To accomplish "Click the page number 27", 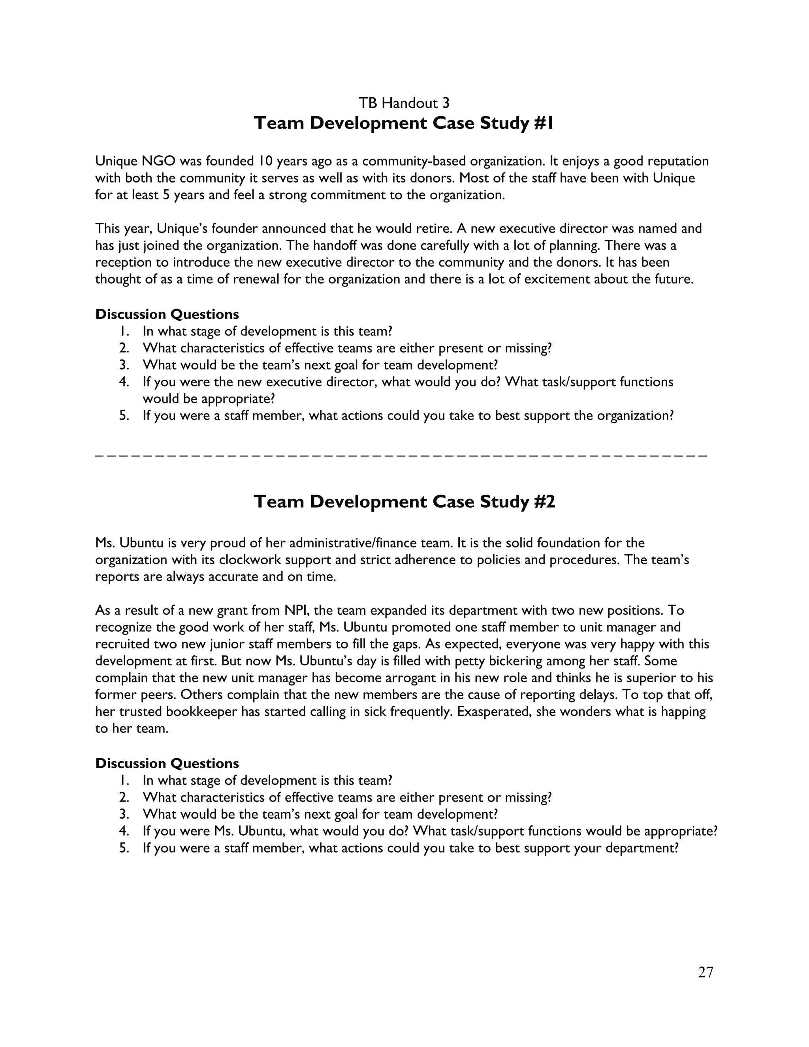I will (706, 972).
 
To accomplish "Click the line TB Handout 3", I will (404, 103).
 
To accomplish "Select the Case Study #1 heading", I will (404, 123).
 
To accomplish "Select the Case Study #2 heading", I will (404, 502).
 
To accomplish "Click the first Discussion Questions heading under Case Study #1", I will (167, 314).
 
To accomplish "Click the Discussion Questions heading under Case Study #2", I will (167, 763).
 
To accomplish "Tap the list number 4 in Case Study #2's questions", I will (124, 831).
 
